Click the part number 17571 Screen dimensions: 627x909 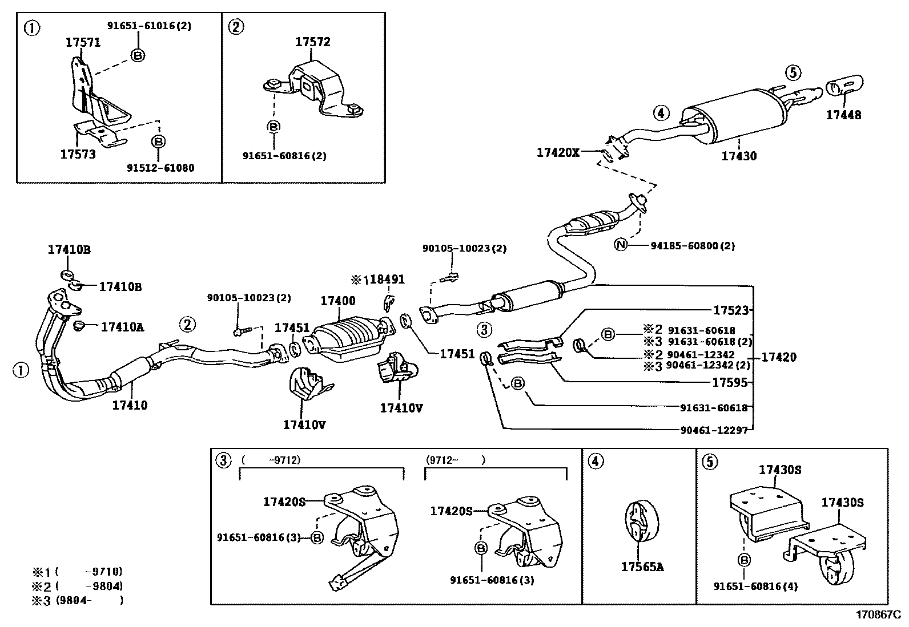click(x=83, y=42)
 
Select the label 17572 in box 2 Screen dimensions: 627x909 click(x=312, y=42)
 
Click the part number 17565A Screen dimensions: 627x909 click(x=642, y=567)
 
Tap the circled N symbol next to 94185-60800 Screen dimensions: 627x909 click(x=621, y=245)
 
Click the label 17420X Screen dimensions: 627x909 click(x=557, y=152)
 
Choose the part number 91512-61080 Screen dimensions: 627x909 click(x=160, y=168)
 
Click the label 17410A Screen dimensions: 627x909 click(x=122, y=327)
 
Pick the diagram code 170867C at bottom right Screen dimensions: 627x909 click(x=877, y=615)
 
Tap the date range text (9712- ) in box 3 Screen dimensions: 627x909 click(x=455, y=459)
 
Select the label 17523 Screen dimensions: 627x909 click(x=730, y=310)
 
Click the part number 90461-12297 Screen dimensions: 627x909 click(x=713, y=430)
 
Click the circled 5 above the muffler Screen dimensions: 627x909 click(x=793, y=72)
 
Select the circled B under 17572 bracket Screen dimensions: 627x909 click(x=273, y=127)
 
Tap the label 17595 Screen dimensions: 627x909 click(x=730, y=383)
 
